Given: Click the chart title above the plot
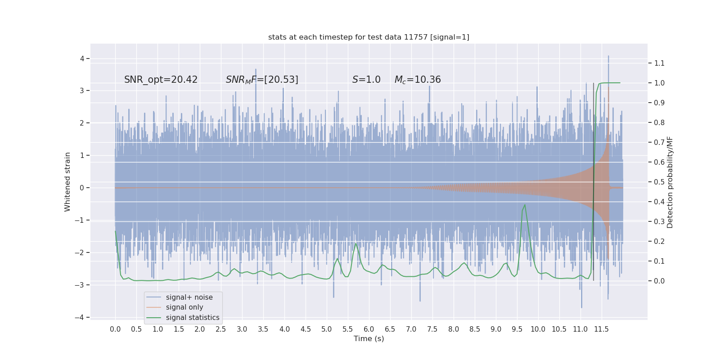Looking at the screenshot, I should pyautogui.click(x=369, y=37).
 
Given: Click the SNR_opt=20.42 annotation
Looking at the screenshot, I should pyautogui.click(x=161, y=80).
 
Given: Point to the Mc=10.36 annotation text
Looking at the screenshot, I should pyautogui.click(x=418, y=80).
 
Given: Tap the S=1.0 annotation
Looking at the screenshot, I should pyautogui.click(x=366, y=80).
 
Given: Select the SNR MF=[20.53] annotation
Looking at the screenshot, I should pyautogui.click(x=262, y=80).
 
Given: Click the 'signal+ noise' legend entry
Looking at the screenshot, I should pyautogui.click(x=189, y=297).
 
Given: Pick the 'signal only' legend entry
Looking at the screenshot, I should pyautogui.click(x=184, y=307).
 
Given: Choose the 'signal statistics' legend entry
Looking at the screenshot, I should pyautogui.click(x=193, y=318).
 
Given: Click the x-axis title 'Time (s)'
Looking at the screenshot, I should pyautogui.click(x=369, y=338).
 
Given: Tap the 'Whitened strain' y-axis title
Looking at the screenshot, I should pyautogui.click(x=67, y=182).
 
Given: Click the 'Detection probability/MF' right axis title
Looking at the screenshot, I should pyautogui.click(x=670, y=182).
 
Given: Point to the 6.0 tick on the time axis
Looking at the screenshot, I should pyautogui.click(x=369, y=329).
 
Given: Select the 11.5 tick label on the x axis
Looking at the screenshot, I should pyautogui.click(x=601, y=329).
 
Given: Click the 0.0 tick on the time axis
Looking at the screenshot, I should pyautogui.click(x=115, y=329).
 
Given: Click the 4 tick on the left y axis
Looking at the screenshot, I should pyautogui.click(x=82, y=58).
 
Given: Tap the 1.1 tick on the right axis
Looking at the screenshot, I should pyautogui.click(x=659, y=63).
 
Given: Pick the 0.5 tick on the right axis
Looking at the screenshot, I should pyautogui.click(x=659, y=182).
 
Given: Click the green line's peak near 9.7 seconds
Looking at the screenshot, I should pyautogui.click(x=525, y=205).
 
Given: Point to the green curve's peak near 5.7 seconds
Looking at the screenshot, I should pyautogui.click(x=356, y=244).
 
